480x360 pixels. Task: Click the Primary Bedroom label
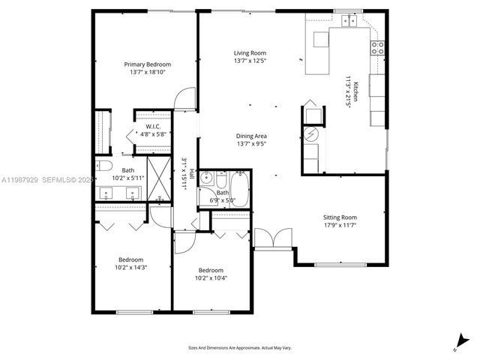click(x=147, y=64)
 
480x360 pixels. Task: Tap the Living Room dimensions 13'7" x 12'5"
click(x=251, y=61)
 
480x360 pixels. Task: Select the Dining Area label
click(x=251, y=136)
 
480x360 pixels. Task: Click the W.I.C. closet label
click(x=154, y=126)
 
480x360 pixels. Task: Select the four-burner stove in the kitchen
click(x=377, y=48)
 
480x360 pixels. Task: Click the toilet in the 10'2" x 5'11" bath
click(x=106, y=167)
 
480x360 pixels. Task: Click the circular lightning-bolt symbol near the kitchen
click(x=310, y=134)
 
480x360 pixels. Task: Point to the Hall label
click(x=192, y=174)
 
